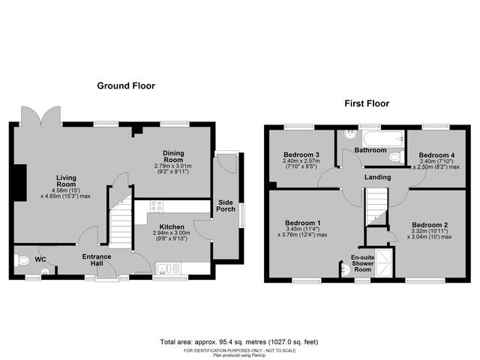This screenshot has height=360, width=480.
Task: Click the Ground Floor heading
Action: click(126, 86)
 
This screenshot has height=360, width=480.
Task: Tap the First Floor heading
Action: click(366, 103)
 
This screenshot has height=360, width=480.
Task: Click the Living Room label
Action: click(66, 182)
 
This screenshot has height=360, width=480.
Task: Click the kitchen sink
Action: click(166, 268)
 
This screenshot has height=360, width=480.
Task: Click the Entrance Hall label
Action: click(97, 260)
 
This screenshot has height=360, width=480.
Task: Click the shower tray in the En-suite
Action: click(383, 264)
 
